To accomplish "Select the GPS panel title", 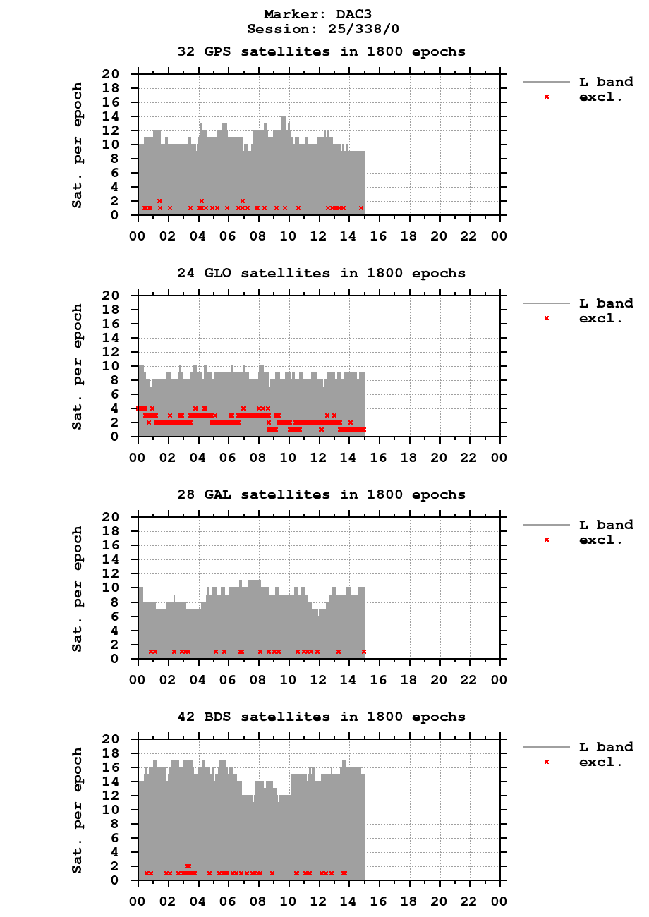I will [321, 51].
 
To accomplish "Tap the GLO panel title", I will [321, 273].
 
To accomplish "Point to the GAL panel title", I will [321, 494].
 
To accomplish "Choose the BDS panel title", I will [321, 717].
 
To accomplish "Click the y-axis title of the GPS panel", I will [78, 145].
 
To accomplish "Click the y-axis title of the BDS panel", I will [78, 810].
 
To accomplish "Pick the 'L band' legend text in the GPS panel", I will [606, 82].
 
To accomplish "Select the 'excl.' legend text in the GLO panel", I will [600, 318].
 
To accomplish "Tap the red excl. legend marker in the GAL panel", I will [546, 540].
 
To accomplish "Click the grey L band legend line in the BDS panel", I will [546, 747].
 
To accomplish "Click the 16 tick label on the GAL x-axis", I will [379, 679].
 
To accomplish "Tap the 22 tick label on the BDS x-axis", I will [469, 901].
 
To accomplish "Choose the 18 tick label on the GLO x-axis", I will [409, 457].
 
